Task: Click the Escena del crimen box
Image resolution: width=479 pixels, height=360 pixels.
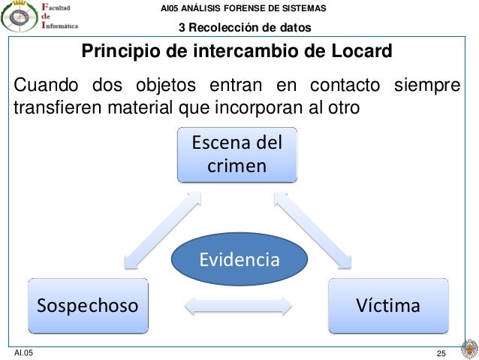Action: (236, 155)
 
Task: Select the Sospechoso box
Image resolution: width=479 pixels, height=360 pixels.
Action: (88, 306)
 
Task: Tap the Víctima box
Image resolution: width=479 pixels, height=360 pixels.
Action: (388, 306)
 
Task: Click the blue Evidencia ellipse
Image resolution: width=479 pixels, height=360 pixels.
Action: (239, 261)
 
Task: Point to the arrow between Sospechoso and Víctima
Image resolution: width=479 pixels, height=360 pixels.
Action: (238, 307)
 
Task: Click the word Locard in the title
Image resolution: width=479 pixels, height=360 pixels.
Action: (363, 53)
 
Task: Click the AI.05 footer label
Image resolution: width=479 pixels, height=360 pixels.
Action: (25, 352)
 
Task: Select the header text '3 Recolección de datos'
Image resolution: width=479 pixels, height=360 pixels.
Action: (244, 29)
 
